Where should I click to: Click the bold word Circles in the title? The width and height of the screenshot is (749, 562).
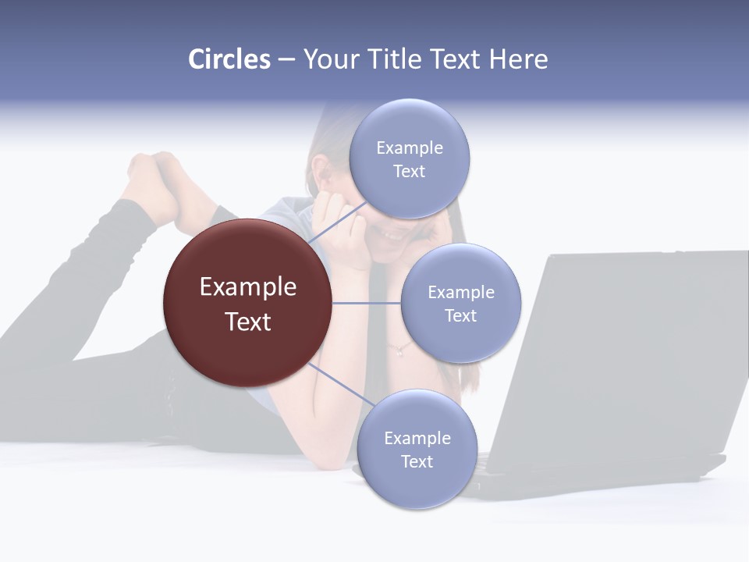click(x=229, y=59)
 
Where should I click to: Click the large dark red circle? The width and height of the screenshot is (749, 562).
click(x=247, y=303)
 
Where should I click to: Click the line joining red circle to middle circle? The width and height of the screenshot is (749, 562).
click(x=367, y=303)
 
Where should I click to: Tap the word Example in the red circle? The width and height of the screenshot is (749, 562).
click(x=247, y=286)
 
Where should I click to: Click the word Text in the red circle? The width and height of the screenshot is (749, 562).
click(x=247, y=322)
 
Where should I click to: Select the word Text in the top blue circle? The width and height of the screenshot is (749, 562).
click(x=409, y=171)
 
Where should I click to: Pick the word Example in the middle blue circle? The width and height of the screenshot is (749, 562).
click(x=460, y=292)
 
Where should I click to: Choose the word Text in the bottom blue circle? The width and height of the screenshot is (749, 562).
click(x=417, y=461)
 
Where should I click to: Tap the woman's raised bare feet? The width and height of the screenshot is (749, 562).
click(x=160, y=183)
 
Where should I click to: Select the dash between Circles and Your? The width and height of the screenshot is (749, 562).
click(x=286, y=60)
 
